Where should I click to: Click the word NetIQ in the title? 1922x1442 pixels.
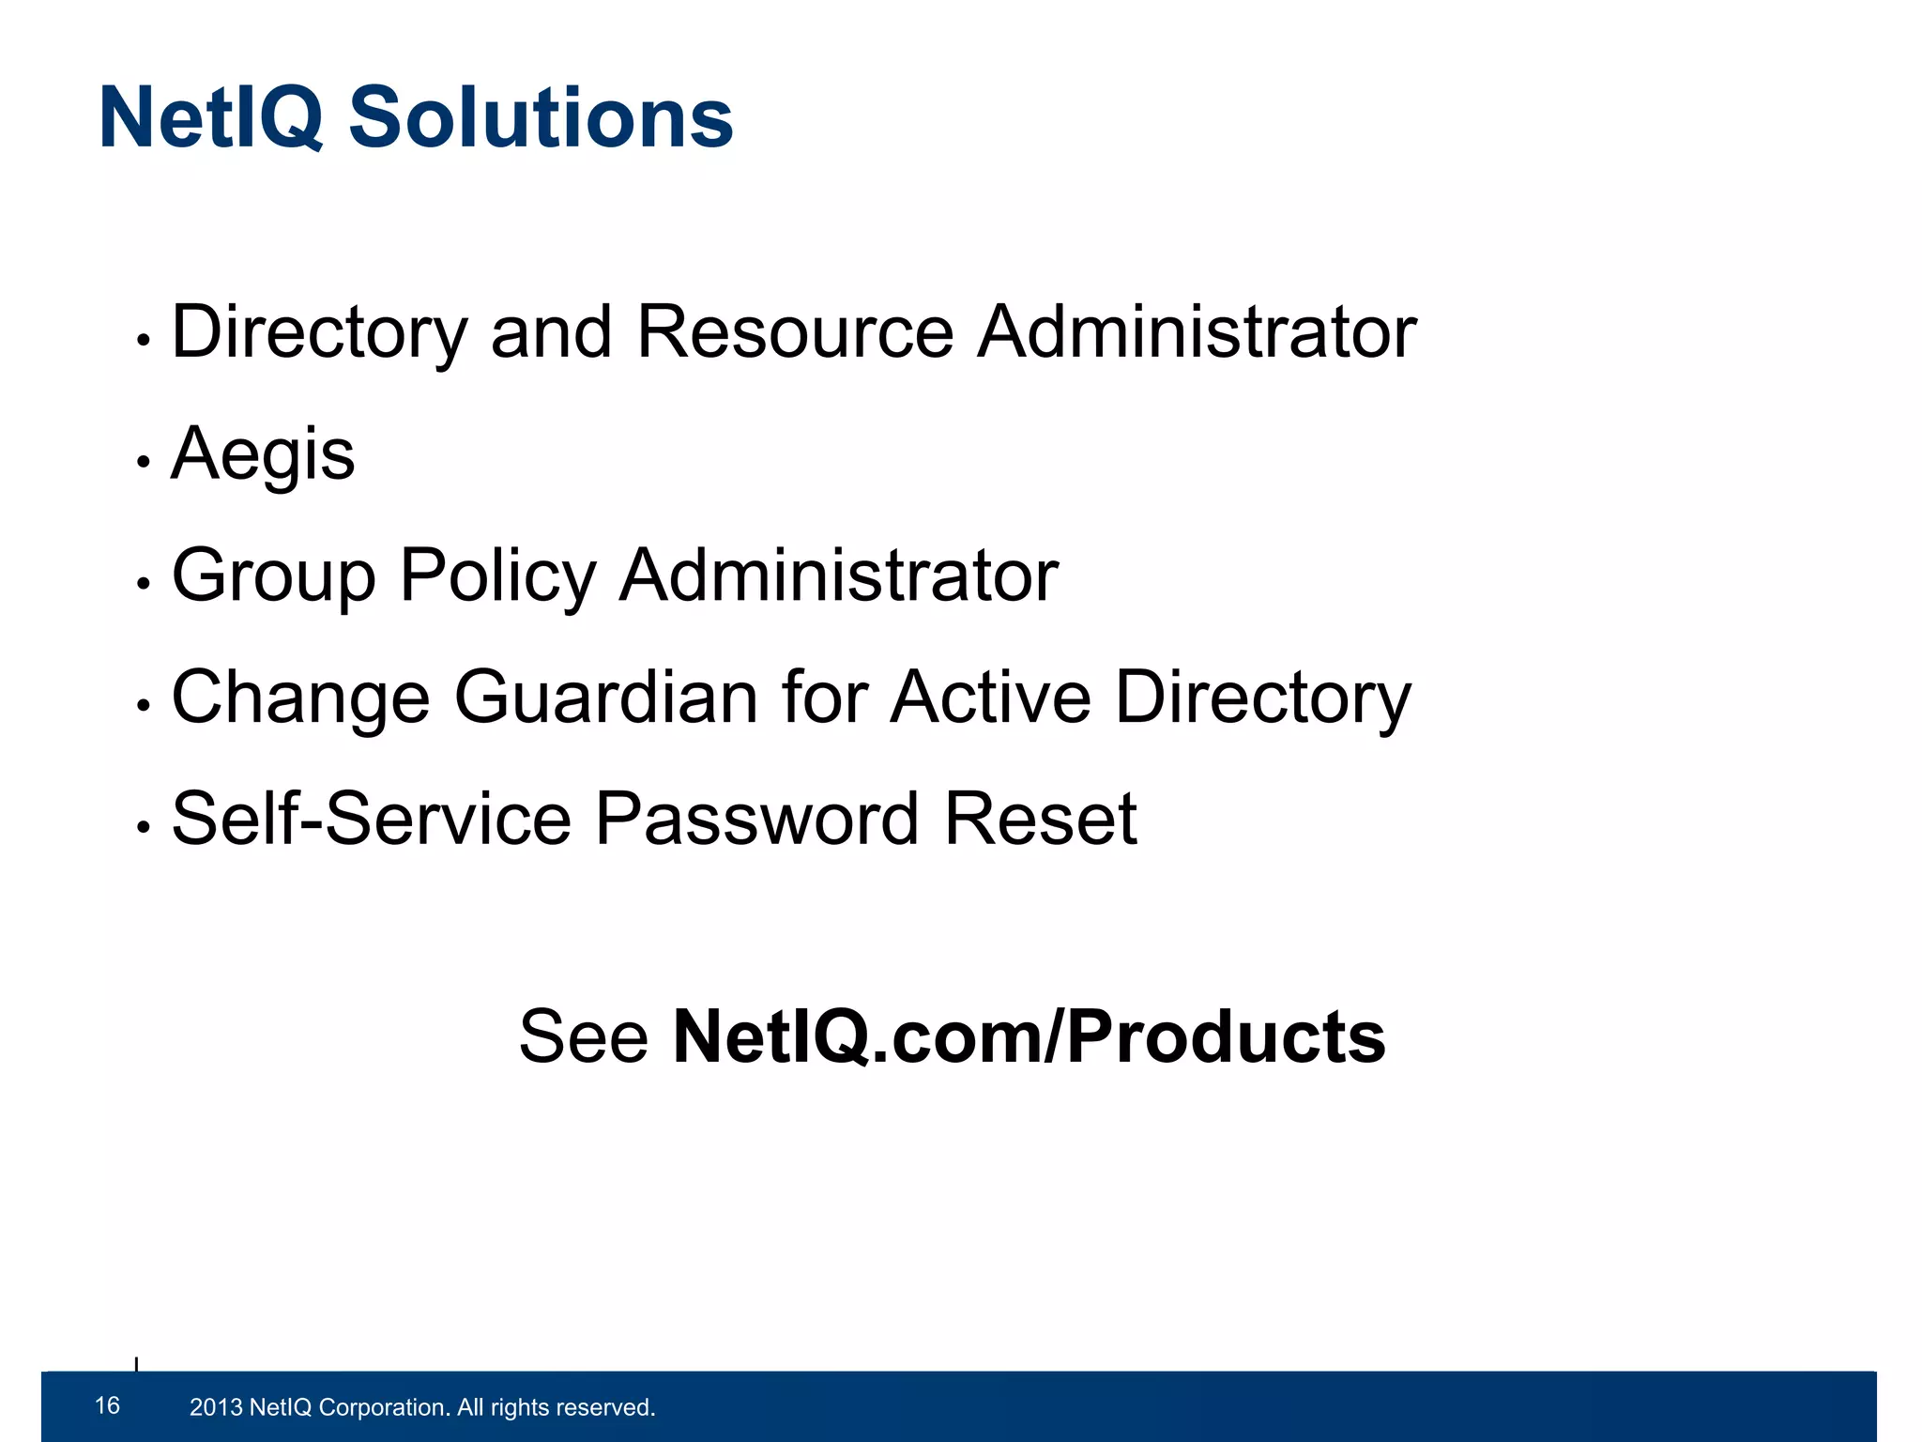(211, 119)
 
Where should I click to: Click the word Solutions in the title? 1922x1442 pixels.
(541, 119)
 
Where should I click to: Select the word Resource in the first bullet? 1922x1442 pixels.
(795, 332)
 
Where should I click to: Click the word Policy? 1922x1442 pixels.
(497, 575)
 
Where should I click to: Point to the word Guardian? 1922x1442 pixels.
(606, 698)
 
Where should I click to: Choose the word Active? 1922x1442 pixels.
(991, 698)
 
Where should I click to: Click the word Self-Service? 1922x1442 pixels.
(371, 820)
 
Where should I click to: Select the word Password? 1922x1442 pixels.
(756, 820)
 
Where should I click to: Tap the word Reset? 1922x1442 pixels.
(1040, 820)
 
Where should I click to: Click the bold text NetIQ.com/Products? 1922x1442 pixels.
(1029, 1037)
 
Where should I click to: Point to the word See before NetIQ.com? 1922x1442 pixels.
(584, 1037)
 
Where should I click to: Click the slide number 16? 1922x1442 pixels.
(108, 1405)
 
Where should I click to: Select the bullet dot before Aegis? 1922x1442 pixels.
(144, 462)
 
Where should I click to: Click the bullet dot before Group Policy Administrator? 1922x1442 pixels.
(144, 584)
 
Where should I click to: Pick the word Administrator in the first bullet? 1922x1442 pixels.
(1197, 332)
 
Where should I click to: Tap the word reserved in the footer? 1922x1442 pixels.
(605, 1407)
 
